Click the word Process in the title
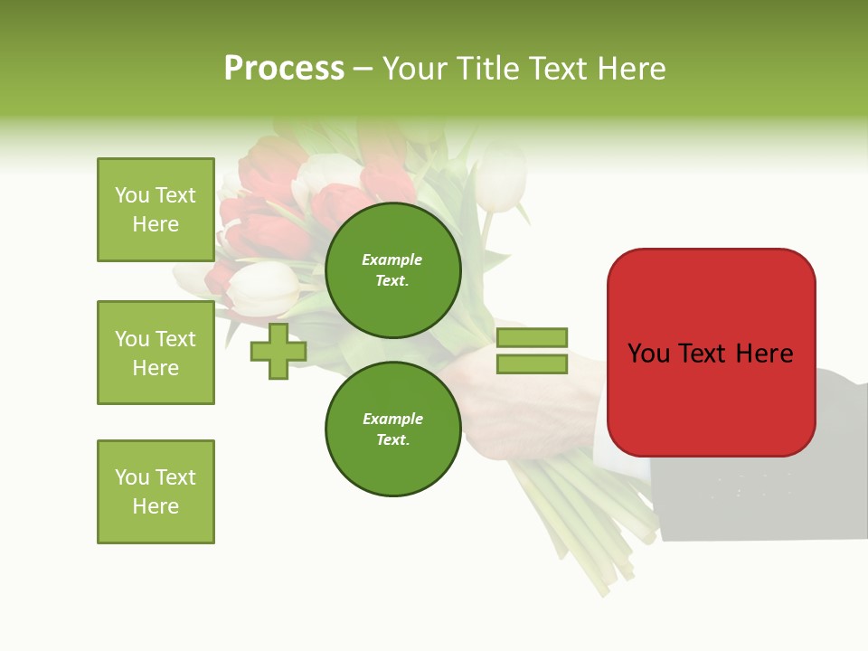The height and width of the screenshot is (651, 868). point(284,69)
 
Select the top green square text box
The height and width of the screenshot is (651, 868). point(156,210)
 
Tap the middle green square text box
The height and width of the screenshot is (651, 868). point(156,353)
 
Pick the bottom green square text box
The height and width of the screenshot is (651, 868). point(156,492)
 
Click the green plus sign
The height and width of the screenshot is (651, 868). point(278,352)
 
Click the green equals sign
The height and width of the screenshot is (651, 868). point(532,351)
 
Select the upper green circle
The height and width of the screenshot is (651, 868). point(392,270)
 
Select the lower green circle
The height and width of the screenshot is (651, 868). point(392,429)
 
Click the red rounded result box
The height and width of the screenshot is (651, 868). point(711,353)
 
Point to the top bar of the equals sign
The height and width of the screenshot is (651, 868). point(532,338)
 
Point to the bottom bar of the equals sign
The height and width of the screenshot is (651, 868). point(532,364)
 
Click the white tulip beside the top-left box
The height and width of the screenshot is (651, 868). point(263,287)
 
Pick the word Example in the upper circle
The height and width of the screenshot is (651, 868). point(392,259)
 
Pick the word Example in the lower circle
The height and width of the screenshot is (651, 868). point(392,419)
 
